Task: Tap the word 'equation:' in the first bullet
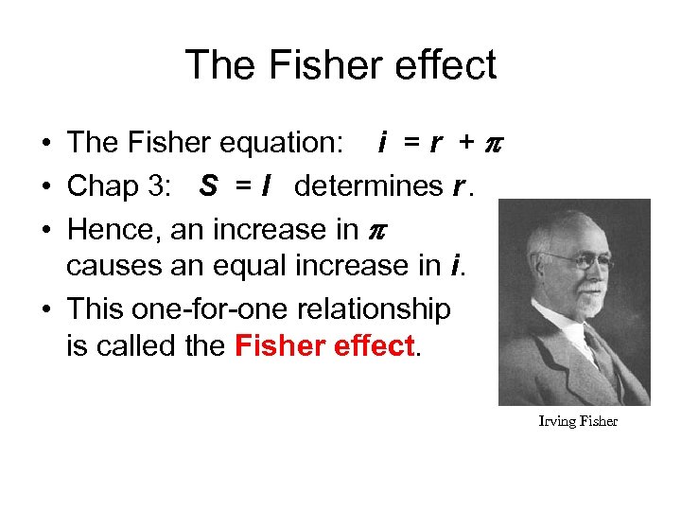pyautogui.click(x=283, y=143)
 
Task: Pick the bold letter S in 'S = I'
pyautogui.click(x=209, y=186)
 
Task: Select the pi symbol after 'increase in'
pyautogui.click(x=375, y=231)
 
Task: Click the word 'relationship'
pyautogui.click(x=378, y=309)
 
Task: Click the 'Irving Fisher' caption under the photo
pyautogui.click(x=577, y=421)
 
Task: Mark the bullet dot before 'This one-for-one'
pyautogui.click(x=46, y=309)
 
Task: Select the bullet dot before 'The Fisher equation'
pyautogui.click(x=46, y=144)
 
